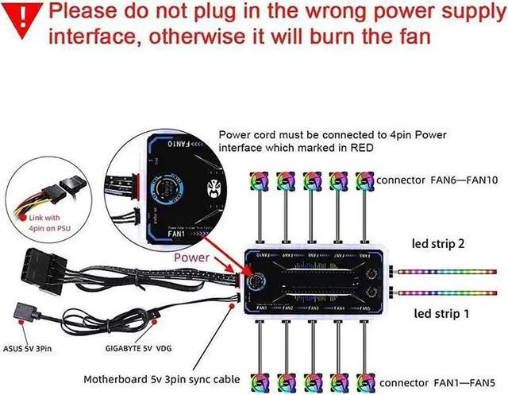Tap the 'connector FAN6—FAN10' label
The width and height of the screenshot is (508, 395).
(x=437, y=181)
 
